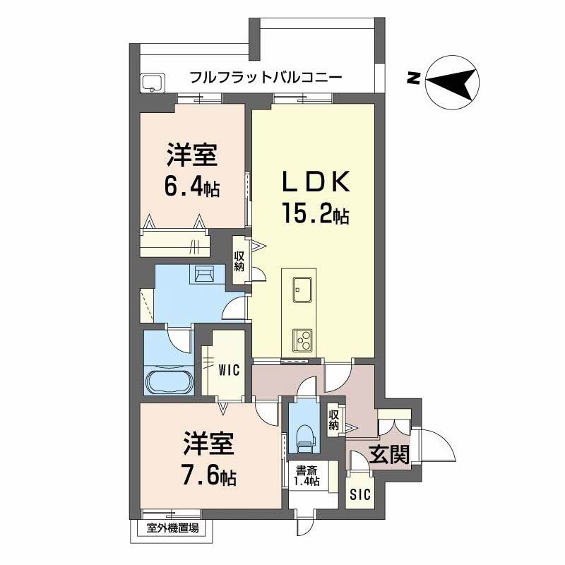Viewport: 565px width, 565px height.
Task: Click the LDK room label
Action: [316, 183]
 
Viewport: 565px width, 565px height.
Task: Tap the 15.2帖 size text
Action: [316, 214]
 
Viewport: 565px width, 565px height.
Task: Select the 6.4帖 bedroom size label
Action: [191, 187]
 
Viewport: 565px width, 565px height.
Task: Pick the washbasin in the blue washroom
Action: [206, 273]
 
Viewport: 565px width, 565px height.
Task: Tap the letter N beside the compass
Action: [412, 78]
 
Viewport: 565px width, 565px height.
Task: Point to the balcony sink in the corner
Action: [153, 83]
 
